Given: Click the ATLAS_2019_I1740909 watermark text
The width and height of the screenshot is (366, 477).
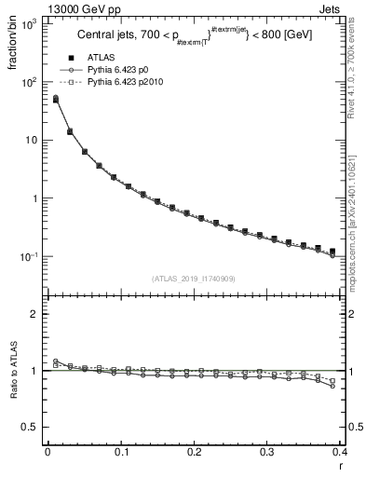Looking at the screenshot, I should click(x=195, y=278).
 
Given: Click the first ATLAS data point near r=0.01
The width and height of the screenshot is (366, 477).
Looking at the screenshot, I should click(x=55, y=98).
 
